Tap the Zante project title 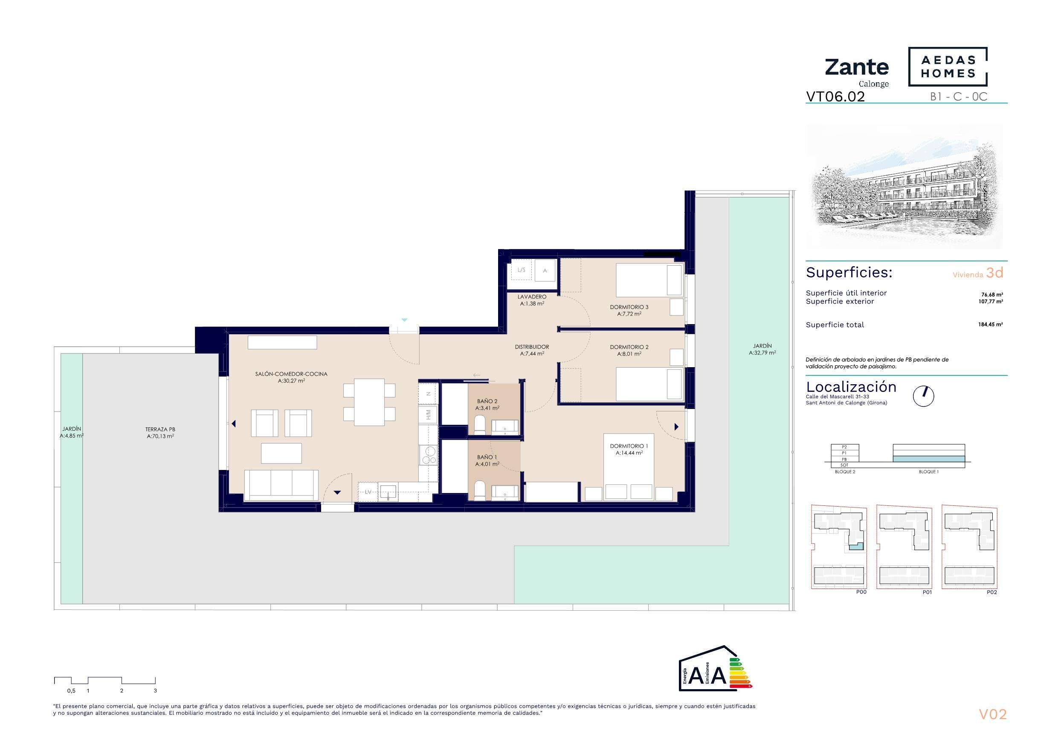click(857, 67)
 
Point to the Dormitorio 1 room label click(629, 449)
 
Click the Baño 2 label click(487, 405)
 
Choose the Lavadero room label click(532, 300)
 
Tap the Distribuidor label click(532, 350)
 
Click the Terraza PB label click(160, 432)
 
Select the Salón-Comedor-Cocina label click(291, 377)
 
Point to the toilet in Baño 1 click(479, 490)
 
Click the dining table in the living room click(370, 402)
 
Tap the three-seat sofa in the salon click(281, 485)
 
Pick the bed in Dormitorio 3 click(649, 280)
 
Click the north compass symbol click(923, 396)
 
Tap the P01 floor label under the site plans click(927, 592)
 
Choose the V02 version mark click(993, 714)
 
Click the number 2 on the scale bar click(122, 690)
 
